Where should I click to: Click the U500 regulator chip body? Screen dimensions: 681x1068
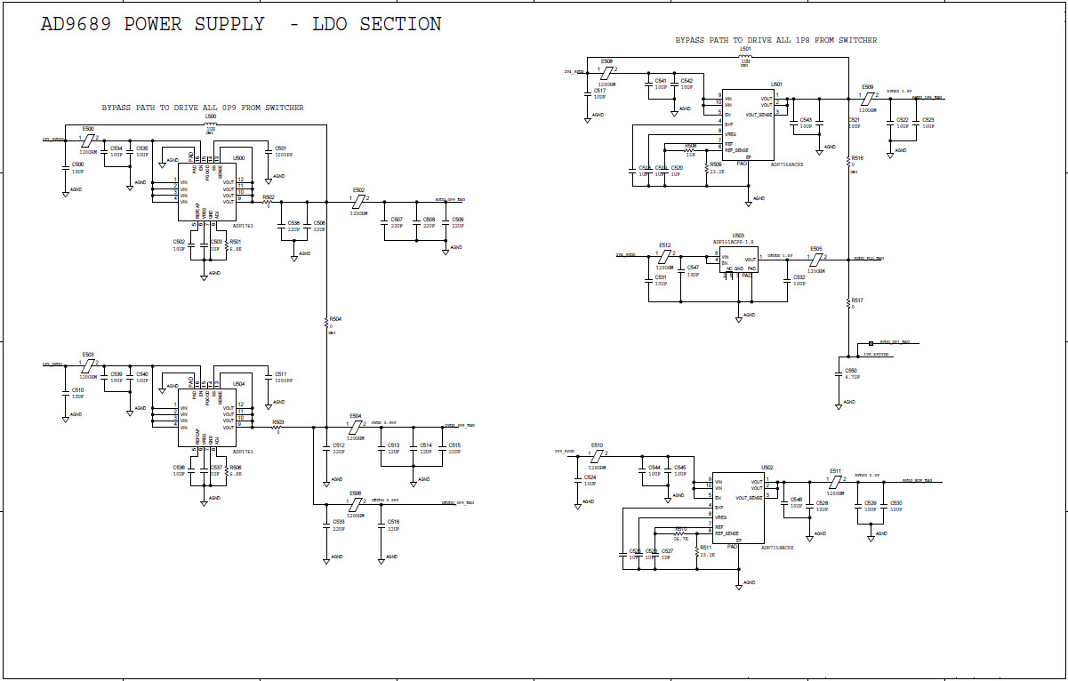click(207, 191)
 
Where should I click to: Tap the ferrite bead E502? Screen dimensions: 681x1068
click(358, 199)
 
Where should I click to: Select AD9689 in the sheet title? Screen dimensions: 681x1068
click(76, 25)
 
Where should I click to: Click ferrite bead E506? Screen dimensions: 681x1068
click(355, 503)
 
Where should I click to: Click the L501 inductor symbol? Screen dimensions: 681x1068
click(745, 55)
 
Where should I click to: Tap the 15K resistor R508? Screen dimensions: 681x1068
click(690, 151)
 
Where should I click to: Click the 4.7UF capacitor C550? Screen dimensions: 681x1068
click(839, 373)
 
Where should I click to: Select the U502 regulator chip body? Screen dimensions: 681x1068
click(737, 508)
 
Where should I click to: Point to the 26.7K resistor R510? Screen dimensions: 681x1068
click(681, 533)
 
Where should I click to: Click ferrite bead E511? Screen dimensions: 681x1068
click(835, 482)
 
